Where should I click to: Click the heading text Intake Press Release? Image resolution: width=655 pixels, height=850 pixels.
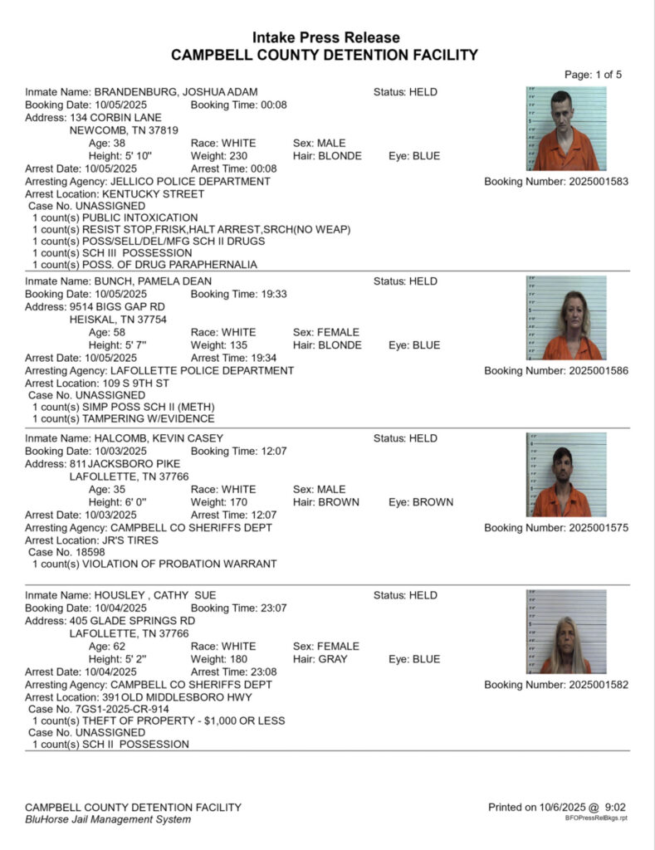[x=326, y=38]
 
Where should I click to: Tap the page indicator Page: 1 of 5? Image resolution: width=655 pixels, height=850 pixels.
[x=593, y=75]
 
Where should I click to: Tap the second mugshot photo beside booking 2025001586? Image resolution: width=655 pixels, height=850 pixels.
[x=566, y=318]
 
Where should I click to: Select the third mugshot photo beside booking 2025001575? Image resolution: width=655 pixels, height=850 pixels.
[x=566, y=475]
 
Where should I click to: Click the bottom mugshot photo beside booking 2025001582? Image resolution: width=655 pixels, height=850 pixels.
[x=566, y=632]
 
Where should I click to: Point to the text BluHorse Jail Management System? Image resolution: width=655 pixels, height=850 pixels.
[x=108, y=819]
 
